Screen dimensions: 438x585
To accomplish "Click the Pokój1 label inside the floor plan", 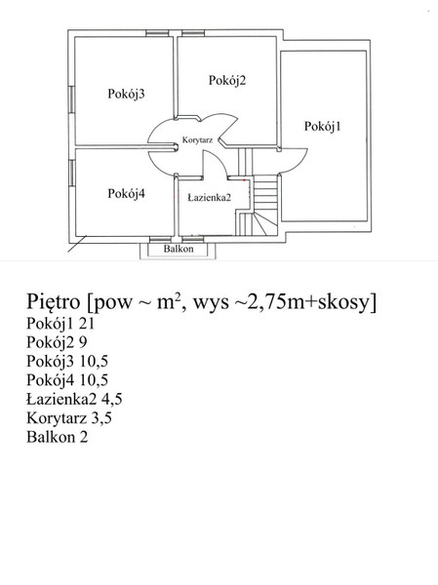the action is point(322,127).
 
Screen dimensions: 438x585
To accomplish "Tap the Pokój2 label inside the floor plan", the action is point(227,81).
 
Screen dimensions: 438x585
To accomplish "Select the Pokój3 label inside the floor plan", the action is point(126,94).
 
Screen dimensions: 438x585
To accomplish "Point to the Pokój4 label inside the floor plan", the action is point(126,194).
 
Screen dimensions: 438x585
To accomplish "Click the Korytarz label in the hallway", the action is point(197,140).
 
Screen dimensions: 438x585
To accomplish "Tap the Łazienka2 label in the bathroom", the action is point(209,197).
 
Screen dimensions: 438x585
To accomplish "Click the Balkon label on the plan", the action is point(179,249).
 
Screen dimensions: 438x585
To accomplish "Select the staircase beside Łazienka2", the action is point(257,205).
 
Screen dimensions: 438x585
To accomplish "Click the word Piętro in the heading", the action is point(53,301).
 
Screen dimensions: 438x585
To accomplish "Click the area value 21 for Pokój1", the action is point(87,324).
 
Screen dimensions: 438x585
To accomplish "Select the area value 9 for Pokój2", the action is point(83,342).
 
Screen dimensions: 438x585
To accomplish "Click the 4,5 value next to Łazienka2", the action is point(111,400).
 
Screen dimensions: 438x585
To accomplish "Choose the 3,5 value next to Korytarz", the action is point(101,418).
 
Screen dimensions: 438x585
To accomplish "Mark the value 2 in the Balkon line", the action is point(84,437).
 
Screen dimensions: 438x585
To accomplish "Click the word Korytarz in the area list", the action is point(57,418).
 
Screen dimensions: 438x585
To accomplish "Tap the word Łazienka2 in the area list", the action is point(61,399).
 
